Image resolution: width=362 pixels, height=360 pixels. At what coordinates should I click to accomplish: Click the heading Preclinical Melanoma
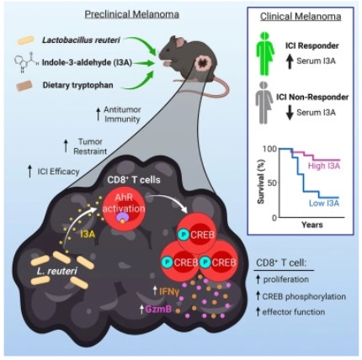[x=132, y=14]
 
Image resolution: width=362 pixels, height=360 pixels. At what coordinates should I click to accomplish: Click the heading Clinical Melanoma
[x=301, y=17]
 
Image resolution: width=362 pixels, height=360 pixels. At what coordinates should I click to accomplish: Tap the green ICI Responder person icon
[x=265, y=54]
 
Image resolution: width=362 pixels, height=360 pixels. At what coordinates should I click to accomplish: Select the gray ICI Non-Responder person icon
[x=264, y=103]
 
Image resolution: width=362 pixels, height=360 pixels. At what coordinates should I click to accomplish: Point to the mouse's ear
[x=179, y=42]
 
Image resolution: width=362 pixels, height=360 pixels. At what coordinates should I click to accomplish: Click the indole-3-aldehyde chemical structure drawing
[x=26, y=62]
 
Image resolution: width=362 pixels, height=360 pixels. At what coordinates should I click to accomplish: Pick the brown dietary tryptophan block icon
[x=24, y=86]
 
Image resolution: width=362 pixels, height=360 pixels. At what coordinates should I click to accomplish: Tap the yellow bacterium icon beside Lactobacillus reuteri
[x=26, y=40]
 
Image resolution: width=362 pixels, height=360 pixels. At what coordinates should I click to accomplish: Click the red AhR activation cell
[x=124, y=209]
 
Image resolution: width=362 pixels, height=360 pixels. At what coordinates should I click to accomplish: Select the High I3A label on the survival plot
[x=324, y=166]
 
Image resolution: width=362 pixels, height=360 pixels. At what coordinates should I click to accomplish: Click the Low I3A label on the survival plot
[x=324, y=203]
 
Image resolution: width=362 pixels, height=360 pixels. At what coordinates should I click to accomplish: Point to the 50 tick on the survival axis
[x=272, y=183]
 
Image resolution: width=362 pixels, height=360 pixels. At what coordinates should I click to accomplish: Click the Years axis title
[x=312, y=225]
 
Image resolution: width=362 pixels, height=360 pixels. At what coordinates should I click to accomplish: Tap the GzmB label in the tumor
[x=158, y=310]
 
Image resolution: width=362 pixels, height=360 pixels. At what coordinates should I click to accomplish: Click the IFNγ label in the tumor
[x=169, y=291]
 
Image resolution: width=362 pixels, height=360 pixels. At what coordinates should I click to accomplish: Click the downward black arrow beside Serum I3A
[x=290, y=113]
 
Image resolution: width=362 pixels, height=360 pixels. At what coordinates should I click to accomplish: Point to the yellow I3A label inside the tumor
[x=88, y=234]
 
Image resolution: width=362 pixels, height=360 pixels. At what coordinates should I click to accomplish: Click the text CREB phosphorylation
[x=304, y=296]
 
